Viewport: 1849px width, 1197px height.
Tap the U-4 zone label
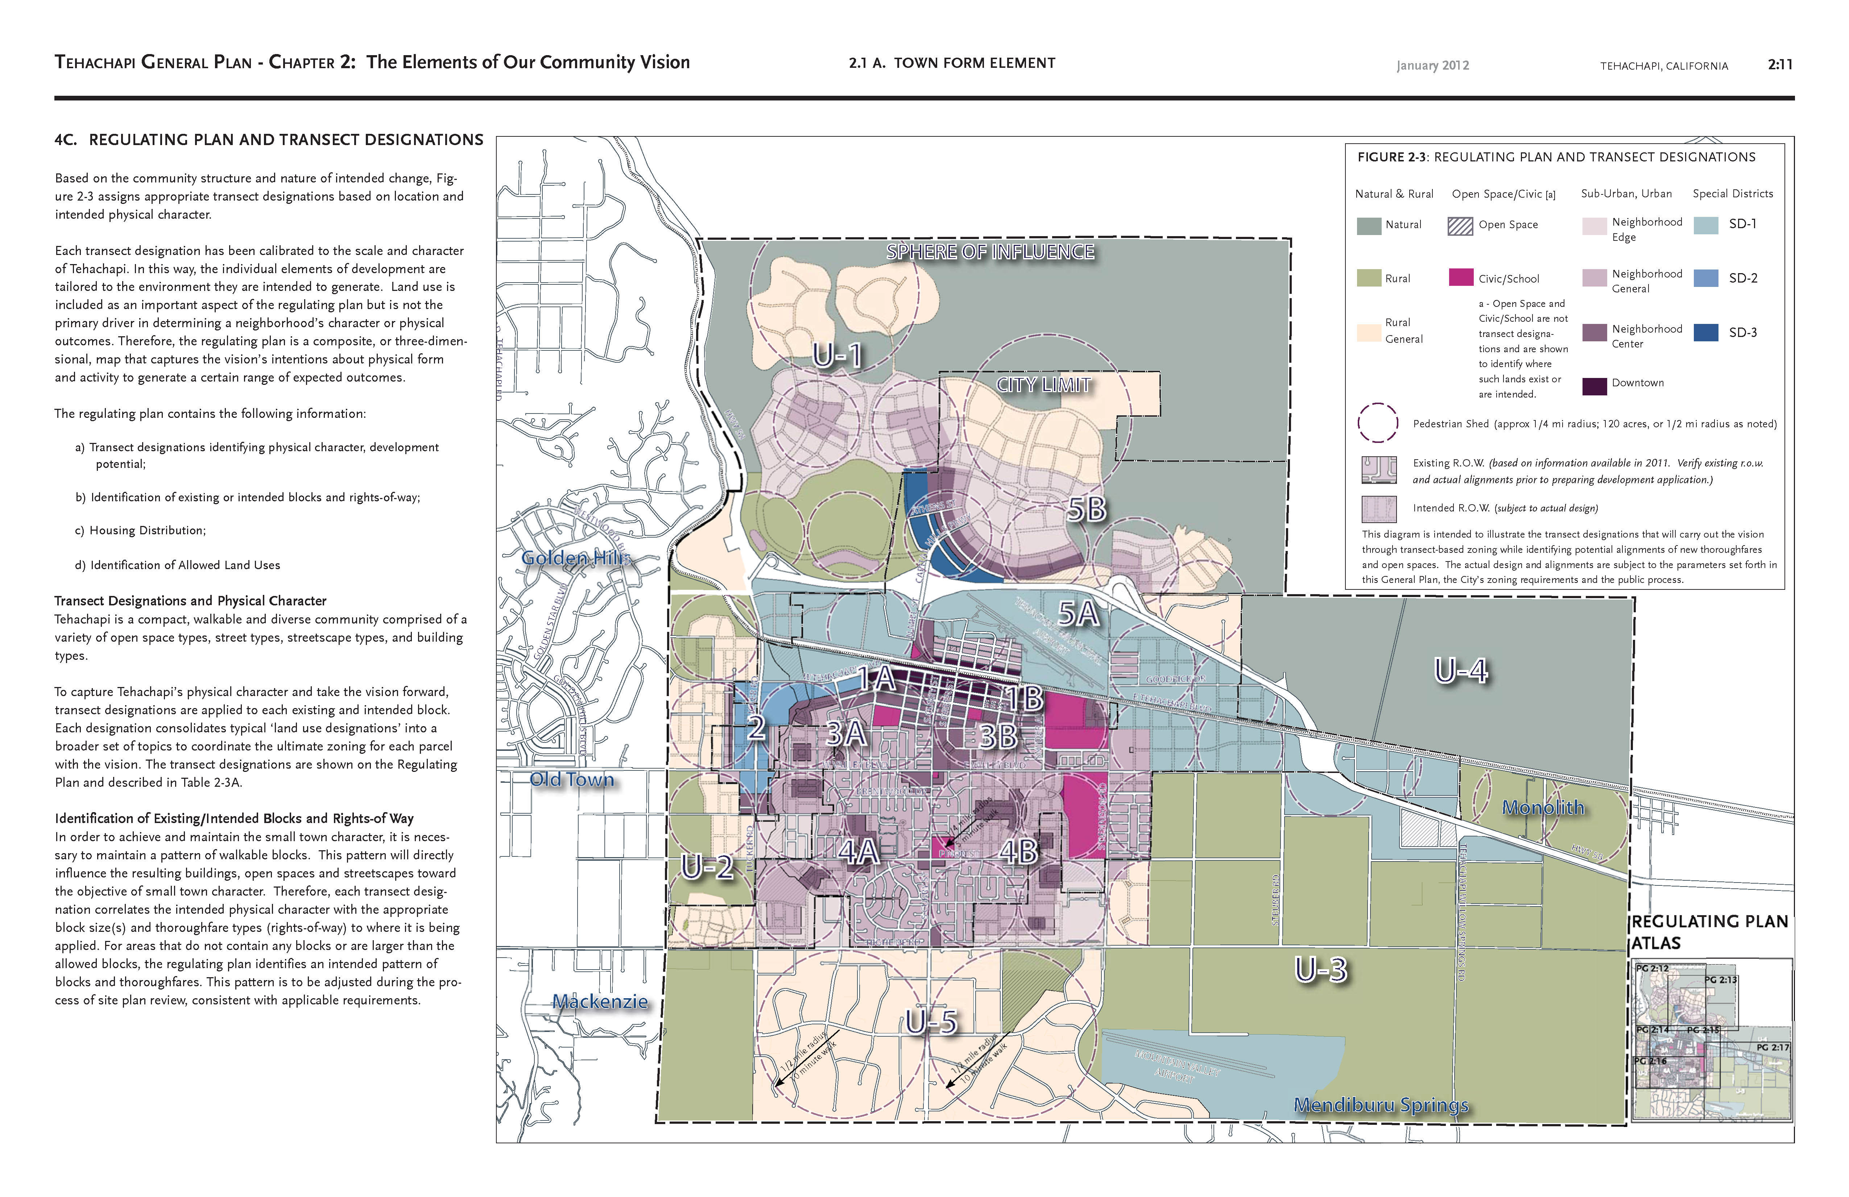(1461, 670)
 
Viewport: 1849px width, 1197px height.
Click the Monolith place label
(1543, 807)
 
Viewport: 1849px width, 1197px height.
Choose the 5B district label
(1086, 509)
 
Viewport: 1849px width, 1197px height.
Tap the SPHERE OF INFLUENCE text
(990, 252)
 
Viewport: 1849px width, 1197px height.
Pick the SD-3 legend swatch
(1705, 332)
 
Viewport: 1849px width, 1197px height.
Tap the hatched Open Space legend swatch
(1461, 225)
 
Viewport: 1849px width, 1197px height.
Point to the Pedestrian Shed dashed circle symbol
(1377, 423)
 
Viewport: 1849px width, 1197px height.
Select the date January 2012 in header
(1432, 65)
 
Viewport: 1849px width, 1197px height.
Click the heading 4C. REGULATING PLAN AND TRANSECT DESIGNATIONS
(269, 140)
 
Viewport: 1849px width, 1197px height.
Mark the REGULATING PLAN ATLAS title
(1709, 932)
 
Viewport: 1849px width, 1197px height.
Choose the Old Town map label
(572, 780)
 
